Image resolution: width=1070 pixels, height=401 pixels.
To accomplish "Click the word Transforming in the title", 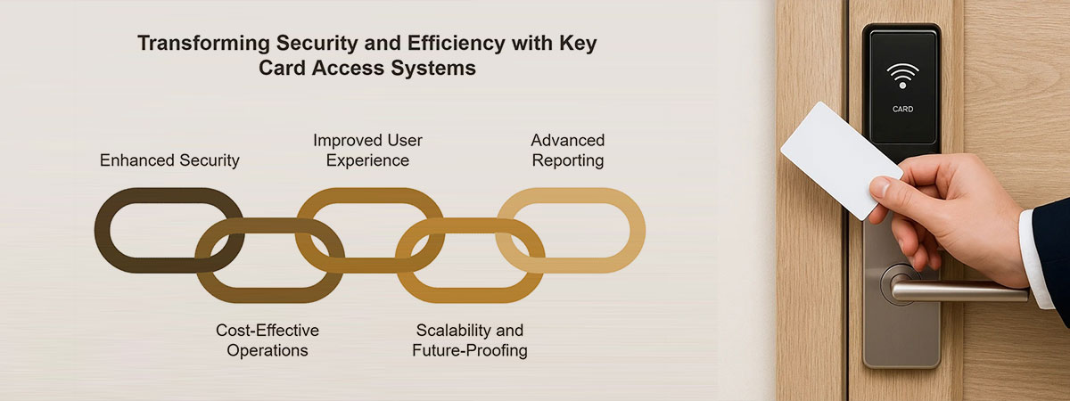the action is pos(204,44).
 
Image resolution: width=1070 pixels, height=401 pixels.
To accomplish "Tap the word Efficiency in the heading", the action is pos(457,43).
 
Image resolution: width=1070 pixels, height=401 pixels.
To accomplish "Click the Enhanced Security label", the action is pos(169,160).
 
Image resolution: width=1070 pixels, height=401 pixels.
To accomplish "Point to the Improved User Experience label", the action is pos(367,151).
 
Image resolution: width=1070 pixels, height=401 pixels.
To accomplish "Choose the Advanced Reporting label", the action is pos(567,151).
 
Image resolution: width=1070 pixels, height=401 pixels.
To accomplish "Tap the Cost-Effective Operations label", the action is pos(267,340).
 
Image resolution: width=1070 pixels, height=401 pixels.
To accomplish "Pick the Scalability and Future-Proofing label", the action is pos(470,340).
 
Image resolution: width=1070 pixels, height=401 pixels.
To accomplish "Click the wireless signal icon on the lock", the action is pos(902,76).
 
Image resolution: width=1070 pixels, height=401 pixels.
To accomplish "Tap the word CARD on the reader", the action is pos(902,110).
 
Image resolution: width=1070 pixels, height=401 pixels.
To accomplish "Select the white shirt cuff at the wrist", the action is pos(1034,258).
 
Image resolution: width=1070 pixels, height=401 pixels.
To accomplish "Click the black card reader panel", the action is pos(902,87).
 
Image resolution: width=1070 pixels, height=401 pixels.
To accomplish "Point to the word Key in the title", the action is pos(578,44).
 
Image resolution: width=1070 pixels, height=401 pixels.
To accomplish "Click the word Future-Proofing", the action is pos(470,350).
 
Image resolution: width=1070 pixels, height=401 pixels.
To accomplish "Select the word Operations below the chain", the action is pos(267,350).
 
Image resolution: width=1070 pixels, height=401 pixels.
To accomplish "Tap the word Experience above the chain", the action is pos(367,161).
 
